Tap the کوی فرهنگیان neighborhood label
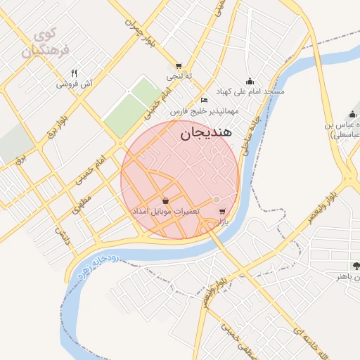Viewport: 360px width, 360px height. tap(39, 44)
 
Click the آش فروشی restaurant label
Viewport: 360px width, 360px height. tap(75, 84)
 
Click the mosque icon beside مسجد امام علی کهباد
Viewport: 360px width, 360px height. tap(250, 82)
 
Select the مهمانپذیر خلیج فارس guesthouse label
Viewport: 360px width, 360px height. tap(204, 110)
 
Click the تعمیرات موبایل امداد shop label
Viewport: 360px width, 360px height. tap(165, 211)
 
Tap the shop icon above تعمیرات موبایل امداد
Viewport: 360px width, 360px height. tap(165, 201)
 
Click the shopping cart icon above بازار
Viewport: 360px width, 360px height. tap(222, 211)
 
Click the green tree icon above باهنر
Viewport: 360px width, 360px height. tap(356, 265)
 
